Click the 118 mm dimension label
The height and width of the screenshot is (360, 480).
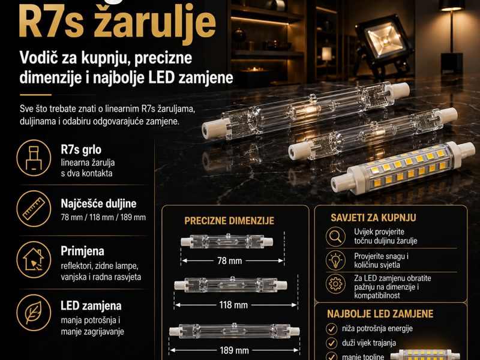pos(233,305)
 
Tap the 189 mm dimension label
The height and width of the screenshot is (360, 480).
pos(233,350)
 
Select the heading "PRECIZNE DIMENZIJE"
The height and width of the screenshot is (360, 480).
pos(229,221)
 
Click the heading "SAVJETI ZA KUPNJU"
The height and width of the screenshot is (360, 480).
pos(373,218)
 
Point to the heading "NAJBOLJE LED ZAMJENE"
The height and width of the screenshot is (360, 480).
pos(380,314)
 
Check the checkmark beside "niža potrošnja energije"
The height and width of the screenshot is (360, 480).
pos(331,329)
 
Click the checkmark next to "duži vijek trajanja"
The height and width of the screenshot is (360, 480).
pos(331,344)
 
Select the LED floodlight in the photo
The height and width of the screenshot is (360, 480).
pos(384,42)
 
